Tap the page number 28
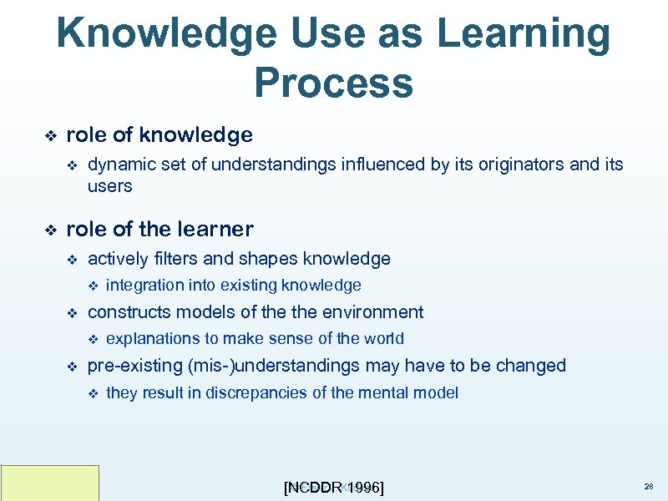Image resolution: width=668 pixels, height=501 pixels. click(649, 485)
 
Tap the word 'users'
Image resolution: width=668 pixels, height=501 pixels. click(109, 186)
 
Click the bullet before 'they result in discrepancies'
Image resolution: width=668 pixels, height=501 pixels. click(93, 392)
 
